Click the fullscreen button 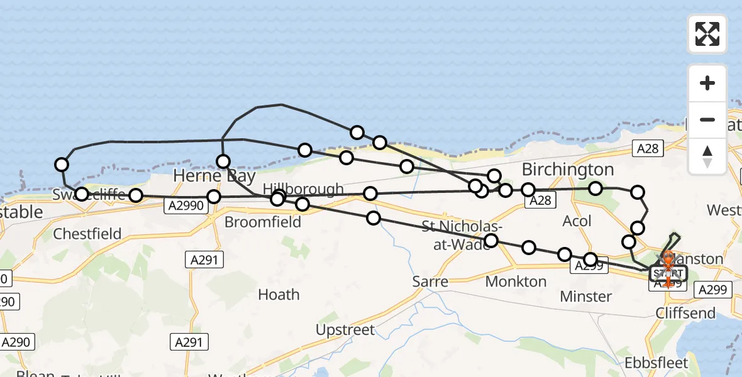(x=707, y=34)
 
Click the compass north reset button (x=707, y=156)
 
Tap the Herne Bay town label (x=206, y=175)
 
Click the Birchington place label (x=568, y=170)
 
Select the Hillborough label (x=304, y=189)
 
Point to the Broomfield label (x=263, y=222)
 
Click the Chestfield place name (x=87, y=234)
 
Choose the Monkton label (x=516, y=281)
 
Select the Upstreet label (x=345, y=330)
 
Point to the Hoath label (x=279, y=295)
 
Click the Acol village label (x=577, y=221)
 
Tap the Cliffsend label (x=685, y=313)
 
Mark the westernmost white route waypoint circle (x=62, y=165)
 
